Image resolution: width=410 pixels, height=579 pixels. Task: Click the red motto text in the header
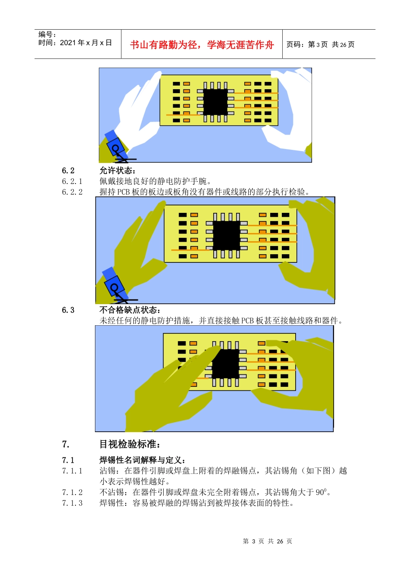coord(202,45)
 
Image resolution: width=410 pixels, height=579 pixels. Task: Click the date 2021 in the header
coord(68,43)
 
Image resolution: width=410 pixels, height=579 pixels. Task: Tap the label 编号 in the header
coord(46,34)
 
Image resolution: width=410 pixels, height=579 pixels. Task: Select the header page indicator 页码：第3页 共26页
coord(320,44)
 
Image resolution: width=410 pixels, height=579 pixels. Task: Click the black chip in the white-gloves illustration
coord(215,102)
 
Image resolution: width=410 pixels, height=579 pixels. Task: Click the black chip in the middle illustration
coord(227,236)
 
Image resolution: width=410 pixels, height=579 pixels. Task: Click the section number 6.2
coord(68,171)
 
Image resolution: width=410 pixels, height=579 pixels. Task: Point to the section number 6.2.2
coord(72,192)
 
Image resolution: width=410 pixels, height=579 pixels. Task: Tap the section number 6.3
coord(68,310)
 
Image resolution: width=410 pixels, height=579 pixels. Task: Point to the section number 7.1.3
coord(72,503)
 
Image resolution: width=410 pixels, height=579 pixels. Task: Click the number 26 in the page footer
coord(280,541)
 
